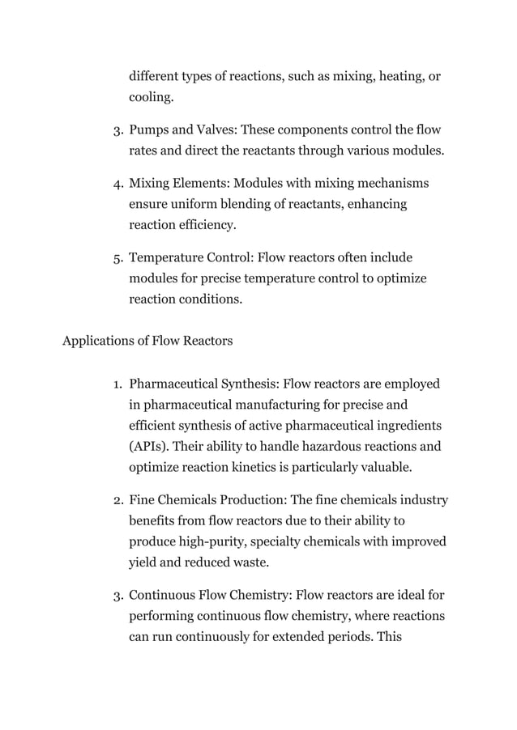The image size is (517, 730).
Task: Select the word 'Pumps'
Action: pos(150,129)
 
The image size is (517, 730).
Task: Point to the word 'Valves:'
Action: pos(215,129)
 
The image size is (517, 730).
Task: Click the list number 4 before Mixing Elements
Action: pos(117,184)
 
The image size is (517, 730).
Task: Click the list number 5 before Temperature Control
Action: pos(117,258)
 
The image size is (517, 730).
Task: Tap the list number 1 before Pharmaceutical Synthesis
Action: pos(117,383)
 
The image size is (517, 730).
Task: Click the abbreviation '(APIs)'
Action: pos(150,445)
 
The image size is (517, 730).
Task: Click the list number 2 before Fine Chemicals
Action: pos(117,500)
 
